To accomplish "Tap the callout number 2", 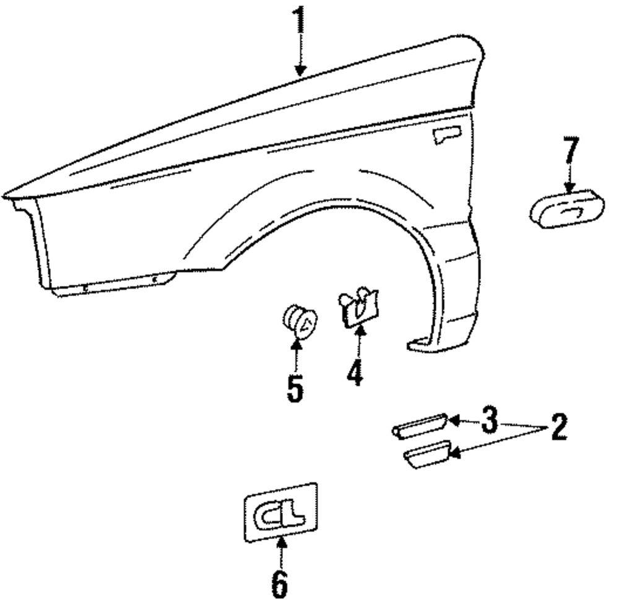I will pyautogui.click(x=558, y=427).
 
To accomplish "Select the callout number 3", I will pyautogui.click(x=489, y=421).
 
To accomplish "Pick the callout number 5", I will pyautogui.click(x=295, y=388).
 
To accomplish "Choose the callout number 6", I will pyautogui.click(x=279, y=582).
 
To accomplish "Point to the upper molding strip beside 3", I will pyautogui.click(x=419, y=425).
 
